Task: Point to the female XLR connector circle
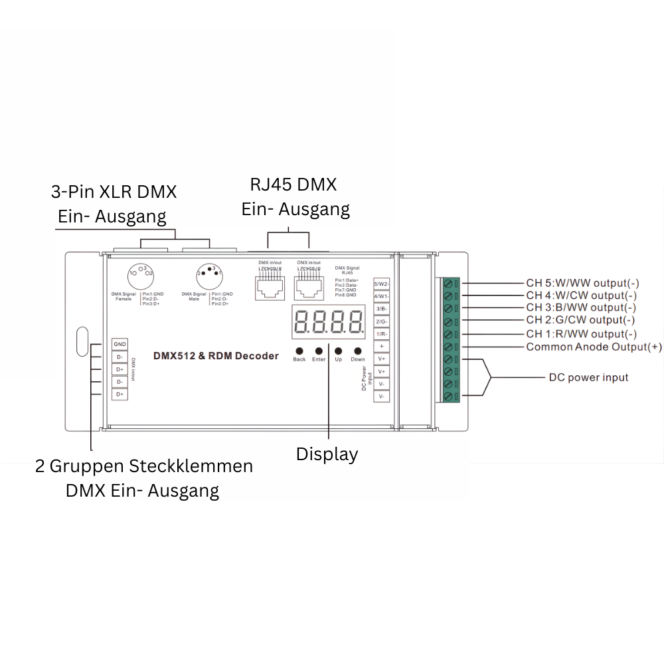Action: click(x=140, y=274)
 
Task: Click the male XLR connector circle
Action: click(x=209, y=274)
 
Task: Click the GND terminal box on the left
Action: click(x=120, y=344)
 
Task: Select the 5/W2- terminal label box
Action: click(x=381, y=284)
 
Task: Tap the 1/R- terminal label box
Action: click(x=381, y=334)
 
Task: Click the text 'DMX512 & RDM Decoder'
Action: click(x=216, y=357)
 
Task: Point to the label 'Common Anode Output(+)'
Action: click(x=594, y=347)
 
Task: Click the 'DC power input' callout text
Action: click(x=588, y=377)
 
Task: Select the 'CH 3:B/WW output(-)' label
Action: click(x=581, y=307)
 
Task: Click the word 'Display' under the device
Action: click(x=327, y=455)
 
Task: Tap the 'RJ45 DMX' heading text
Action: click(x=293, y=184)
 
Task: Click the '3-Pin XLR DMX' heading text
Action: click(x=114, y=193)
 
